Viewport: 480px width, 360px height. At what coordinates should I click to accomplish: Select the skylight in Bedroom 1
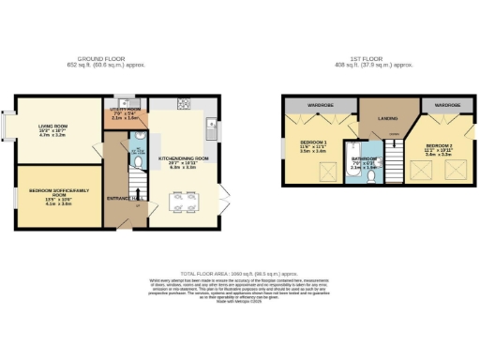pos(327,170)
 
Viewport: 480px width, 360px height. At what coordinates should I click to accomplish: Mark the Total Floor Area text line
pos(239,271)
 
